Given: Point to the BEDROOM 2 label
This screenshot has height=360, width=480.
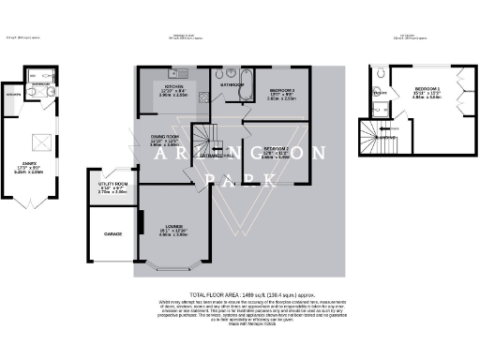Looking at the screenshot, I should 276,148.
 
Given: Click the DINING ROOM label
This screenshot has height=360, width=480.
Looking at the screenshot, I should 165,136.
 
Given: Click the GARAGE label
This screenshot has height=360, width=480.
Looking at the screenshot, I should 113,232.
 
